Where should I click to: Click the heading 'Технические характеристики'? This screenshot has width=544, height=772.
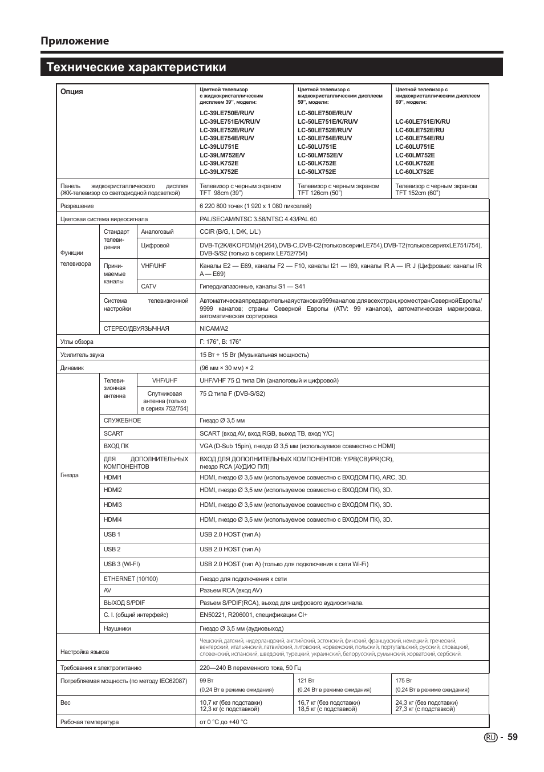pos(136,67)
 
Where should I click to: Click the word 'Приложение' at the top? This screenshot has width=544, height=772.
pos(74,40)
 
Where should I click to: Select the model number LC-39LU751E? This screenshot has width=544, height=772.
pos(219,147)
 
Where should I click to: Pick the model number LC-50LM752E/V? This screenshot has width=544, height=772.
pos(320,155)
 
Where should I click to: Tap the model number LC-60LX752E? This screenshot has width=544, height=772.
pos(415,172)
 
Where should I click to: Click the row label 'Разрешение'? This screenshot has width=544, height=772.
pos(77,206)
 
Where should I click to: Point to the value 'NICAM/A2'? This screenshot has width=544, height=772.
pos(214,328)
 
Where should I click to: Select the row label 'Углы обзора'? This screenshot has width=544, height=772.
pos(77,342)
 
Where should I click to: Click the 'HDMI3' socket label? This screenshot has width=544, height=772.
pos(113,505)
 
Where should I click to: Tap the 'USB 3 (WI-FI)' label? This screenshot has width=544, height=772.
pos(121,564)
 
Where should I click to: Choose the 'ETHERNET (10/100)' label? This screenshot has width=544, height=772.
pos(131,579)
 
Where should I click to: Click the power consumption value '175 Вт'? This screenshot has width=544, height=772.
pos(404,680)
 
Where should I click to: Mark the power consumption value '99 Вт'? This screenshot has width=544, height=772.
pos(206,680)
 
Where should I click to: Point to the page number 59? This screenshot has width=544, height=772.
pos(512,737)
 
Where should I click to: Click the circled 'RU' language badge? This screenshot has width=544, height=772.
pos(490,737)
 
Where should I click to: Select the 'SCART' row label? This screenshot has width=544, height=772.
pos(113,433)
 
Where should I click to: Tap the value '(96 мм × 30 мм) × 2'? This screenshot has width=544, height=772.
pos(226,368)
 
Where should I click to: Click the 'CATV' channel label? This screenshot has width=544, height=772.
pos(149,286)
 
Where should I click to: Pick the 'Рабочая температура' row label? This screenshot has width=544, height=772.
pos(90,722)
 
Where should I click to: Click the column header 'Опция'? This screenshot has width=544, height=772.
pos(72,92)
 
